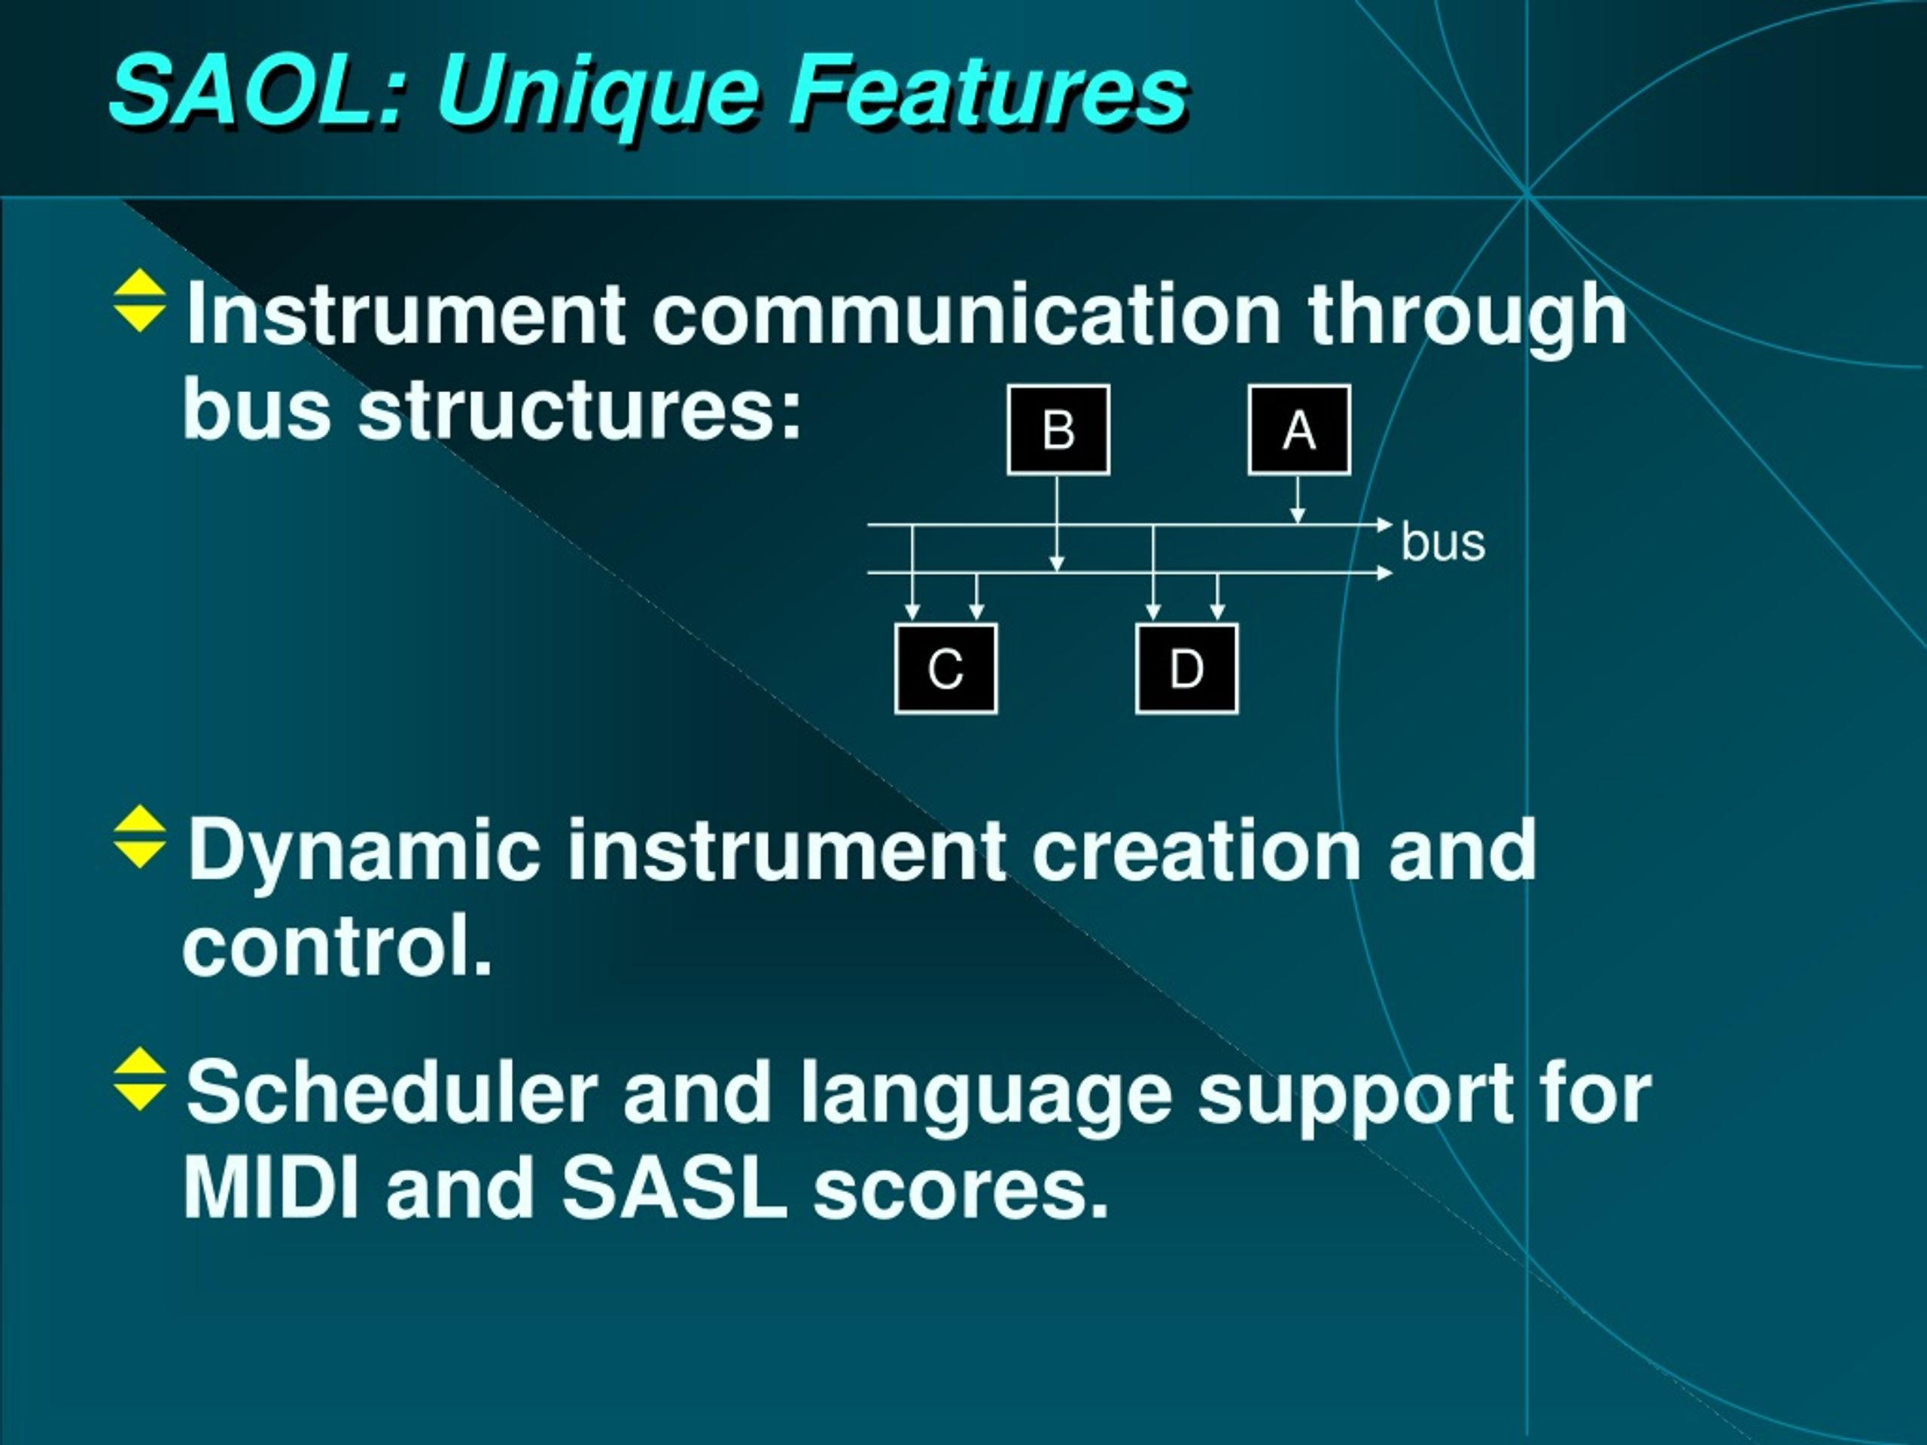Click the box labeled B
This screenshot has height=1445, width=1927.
[x=1058, y=430]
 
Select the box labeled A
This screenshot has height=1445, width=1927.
[x=1299, y=430]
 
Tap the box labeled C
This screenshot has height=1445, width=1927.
[x=946, y=668]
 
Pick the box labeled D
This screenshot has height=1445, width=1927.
[x=1186, y=668]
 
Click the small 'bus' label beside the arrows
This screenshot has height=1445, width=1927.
[x=1443, y=543]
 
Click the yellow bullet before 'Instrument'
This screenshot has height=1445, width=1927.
[x=139, y=300]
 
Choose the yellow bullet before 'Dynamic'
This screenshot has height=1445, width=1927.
[x=139, y=837]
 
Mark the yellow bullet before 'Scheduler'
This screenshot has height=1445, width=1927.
[x=139, y=1078]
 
